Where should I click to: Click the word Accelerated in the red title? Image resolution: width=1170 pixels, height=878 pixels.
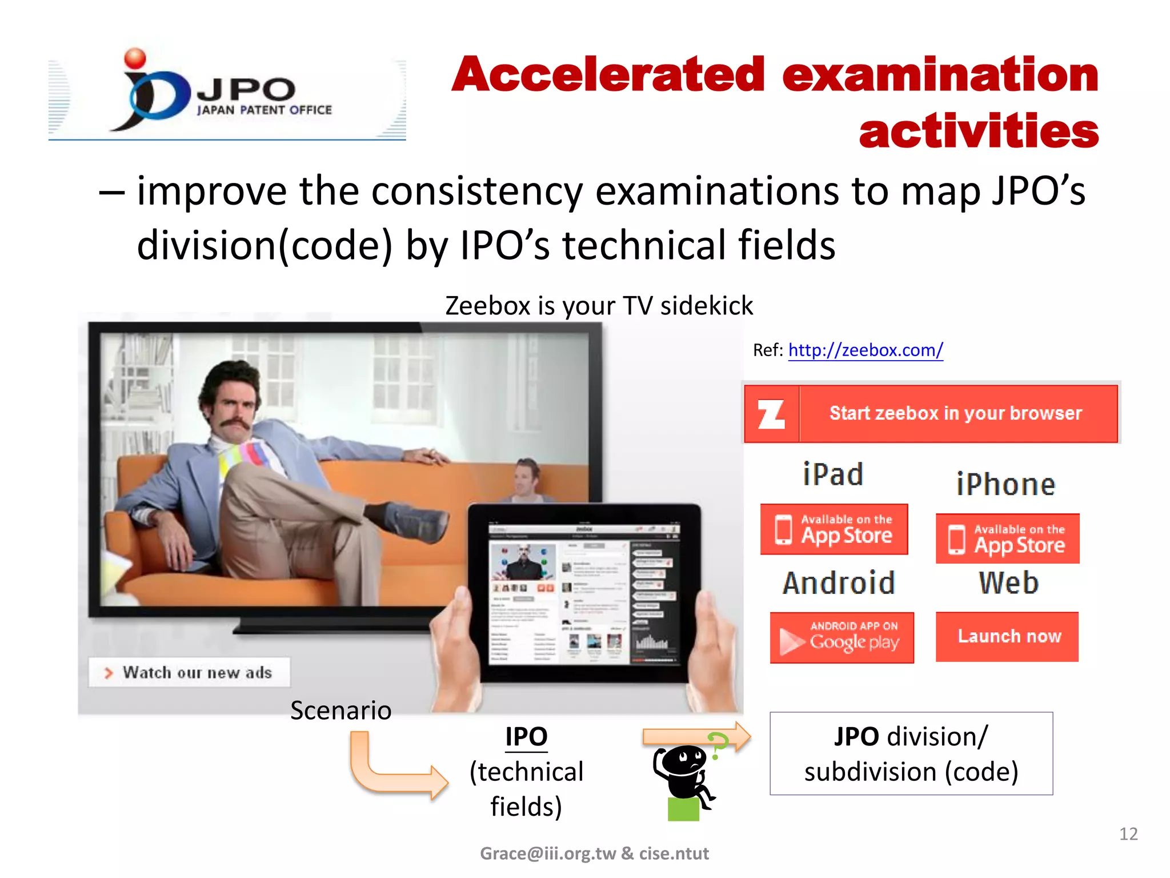tap(608, 75)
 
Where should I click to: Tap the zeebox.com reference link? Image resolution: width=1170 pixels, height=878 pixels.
tap(865, 350)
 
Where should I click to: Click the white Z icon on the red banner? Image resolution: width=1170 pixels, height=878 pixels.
tap(771, 414)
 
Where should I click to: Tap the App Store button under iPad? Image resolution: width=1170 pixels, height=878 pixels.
tap(834, 529)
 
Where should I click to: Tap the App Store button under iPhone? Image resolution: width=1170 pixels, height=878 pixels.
tap(1007, 538)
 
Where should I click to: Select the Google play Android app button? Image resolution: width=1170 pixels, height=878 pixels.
tap(842, 637)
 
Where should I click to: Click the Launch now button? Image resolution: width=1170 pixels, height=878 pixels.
tap(1007, 636)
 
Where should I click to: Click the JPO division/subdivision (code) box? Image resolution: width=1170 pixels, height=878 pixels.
tap(911, 753)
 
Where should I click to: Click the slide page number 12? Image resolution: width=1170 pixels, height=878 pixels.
tap(1128, 834)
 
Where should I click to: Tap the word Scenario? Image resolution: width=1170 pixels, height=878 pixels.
tap(340, 711)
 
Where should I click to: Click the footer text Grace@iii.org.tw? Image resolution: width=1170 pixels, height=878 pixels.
tap(547, 853)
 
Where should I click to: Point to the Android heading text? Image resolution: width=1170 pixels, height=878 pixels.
tap(839, 583)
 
